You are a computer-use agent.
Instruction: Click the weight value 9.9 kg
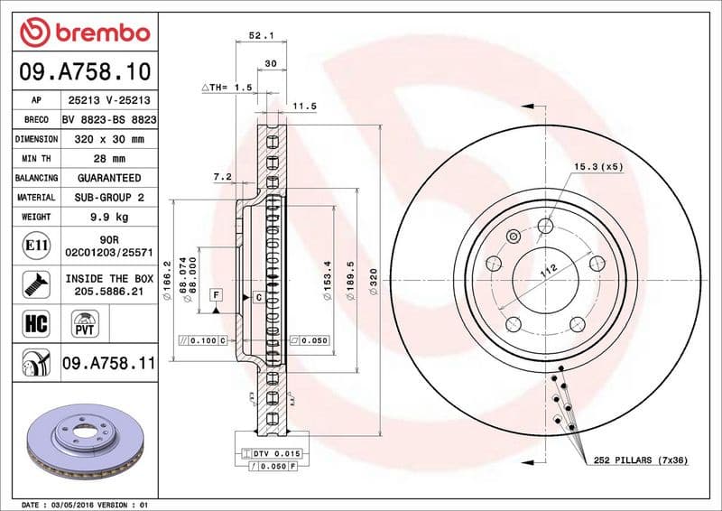point(109,217)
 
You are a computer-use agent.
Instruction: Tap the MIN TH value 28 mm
point(109,159)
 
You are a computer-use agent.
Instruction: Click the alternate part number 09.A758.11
point(109,364)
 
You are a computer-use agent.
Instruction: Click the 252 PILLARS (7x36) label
point(641,460)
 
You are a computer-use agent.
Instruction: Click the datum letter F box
point(217,295)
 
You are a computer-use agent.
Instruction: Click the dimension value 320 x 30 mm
point(109,140)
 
